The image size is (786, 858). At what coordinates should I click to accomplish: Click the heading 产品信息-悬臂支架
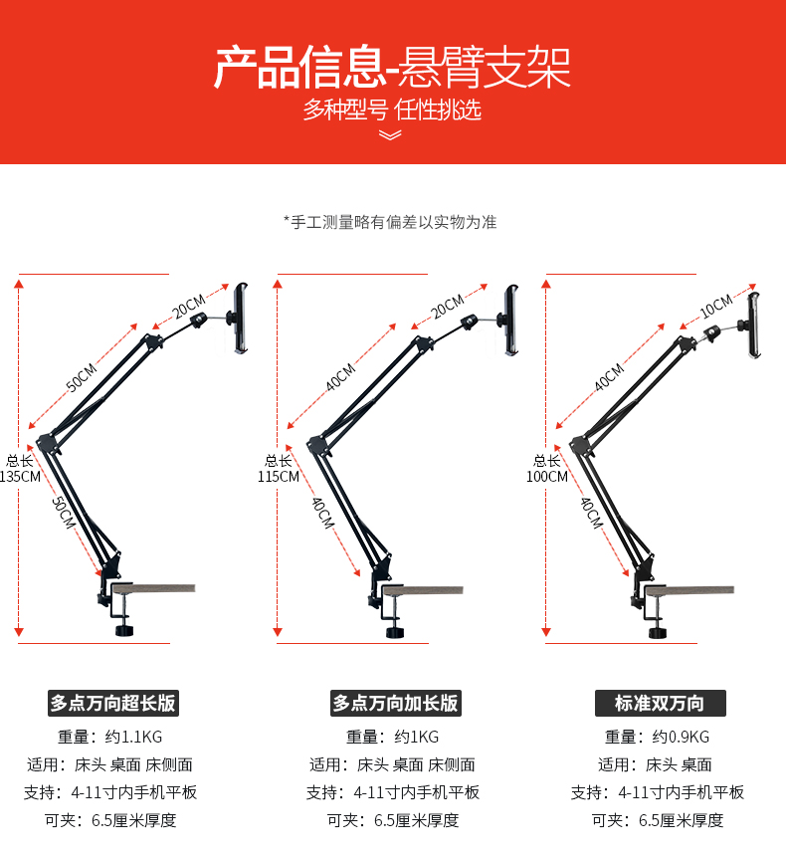pos(392,68)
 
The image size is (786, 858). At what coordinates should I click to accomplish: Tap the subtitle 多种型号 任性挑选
pos(392,109)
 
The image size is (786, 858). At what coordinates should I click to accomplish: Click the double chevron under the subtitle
pos(390,134)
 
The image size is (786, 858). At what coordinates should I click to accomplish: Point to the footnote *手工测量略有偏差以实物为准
pos(390,222)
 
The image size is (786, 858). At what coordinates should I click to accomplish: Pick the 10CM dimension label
pos(716,307)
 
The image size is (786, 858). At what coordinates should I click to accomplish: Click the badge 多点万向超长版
pos(113,703)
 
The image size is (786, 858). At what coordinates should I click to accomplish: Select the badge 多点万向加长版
pos(395,703)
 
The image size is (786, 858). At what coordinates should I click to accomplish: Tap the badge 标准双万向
pos(661,703)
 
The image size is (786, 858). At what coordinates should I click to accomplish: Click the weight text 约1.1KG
pos(133,738)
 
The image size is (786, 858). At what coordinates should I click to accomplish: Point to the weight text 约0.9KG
pos(681,738)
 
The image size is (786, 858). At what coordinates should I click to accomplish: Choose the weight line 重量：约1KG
pos(393,738)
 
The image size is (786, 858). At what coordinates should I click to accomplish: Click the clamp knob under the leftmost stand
pos(124,631)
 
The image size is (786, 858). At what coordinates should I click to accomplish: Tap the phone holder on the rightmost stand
pos(753,325)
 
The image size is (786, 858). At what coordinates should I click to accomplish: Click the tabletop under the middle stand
pos(422,590)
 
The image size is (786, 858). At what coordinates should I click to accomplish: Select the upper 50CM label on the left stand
pos(82,377)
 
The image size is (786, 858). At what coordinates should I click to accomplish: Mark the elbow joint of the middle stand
pos(318,444)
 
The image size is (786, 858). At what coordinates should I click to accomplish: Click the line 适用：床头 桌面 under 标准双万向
pos(655,764)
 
